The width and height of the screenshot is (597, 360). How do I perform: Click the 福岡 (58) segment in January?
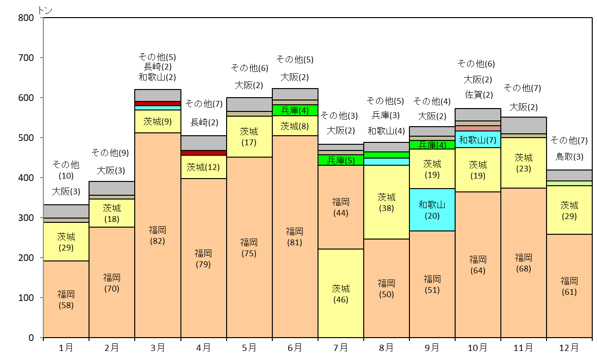(x=66, y=299)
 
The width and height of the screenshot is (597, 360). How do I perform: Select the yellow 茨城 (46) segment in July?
(x=341, y=293)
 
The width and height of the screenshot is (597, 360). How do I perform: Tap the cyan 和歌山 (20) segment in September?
(x=432, y=210)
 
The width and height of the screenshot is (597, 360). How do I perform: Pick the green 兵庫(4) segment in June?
(x=295, y=110)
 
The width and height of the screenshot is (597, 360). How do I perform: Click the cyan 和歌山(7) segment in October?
(x=478, y=140)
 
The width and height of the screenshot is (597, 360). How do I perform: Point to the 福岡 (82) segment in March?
(x=158, y=235)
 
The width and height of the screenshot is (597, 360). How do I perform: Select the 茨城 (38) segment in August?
(x=387, y=202)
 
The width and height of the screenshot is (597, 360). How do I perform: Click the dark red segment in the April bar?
(x=204, y=153)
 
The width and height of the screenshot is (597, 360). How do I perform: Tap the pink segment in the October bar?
(x=478, y=128)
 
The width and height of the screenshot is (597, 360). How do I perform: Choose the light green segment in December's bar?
(x=569, y=183)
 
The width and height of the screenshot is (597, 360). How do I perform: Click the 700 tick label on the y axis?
(x=26, y=58)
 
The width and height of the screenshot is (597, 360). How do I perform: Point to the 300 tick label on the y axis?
(x=26, y=218)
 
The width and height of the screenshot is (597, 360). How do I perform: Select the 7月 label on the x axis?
(x=340, y=348)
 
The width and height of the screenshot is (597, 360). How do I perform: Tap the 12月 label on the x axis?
(x=569, y=348)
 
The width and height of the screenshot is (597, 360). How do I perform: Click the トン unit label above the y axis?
(x=45, y=10)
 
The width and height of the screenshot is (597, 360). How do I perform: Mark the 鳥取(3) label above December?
(x=569, y=157)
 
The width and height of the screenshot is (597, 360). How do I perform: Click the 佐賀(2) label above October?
(x=479, y=95)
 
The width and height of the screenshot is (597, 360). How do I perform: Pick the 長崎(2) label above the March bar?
(x=158, y=67)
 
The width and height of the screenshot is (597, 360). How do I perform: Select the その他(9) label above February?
(x=110, y=153)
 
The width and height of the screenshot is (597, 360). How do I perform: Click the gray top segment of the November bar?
(x=524, y=125)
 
